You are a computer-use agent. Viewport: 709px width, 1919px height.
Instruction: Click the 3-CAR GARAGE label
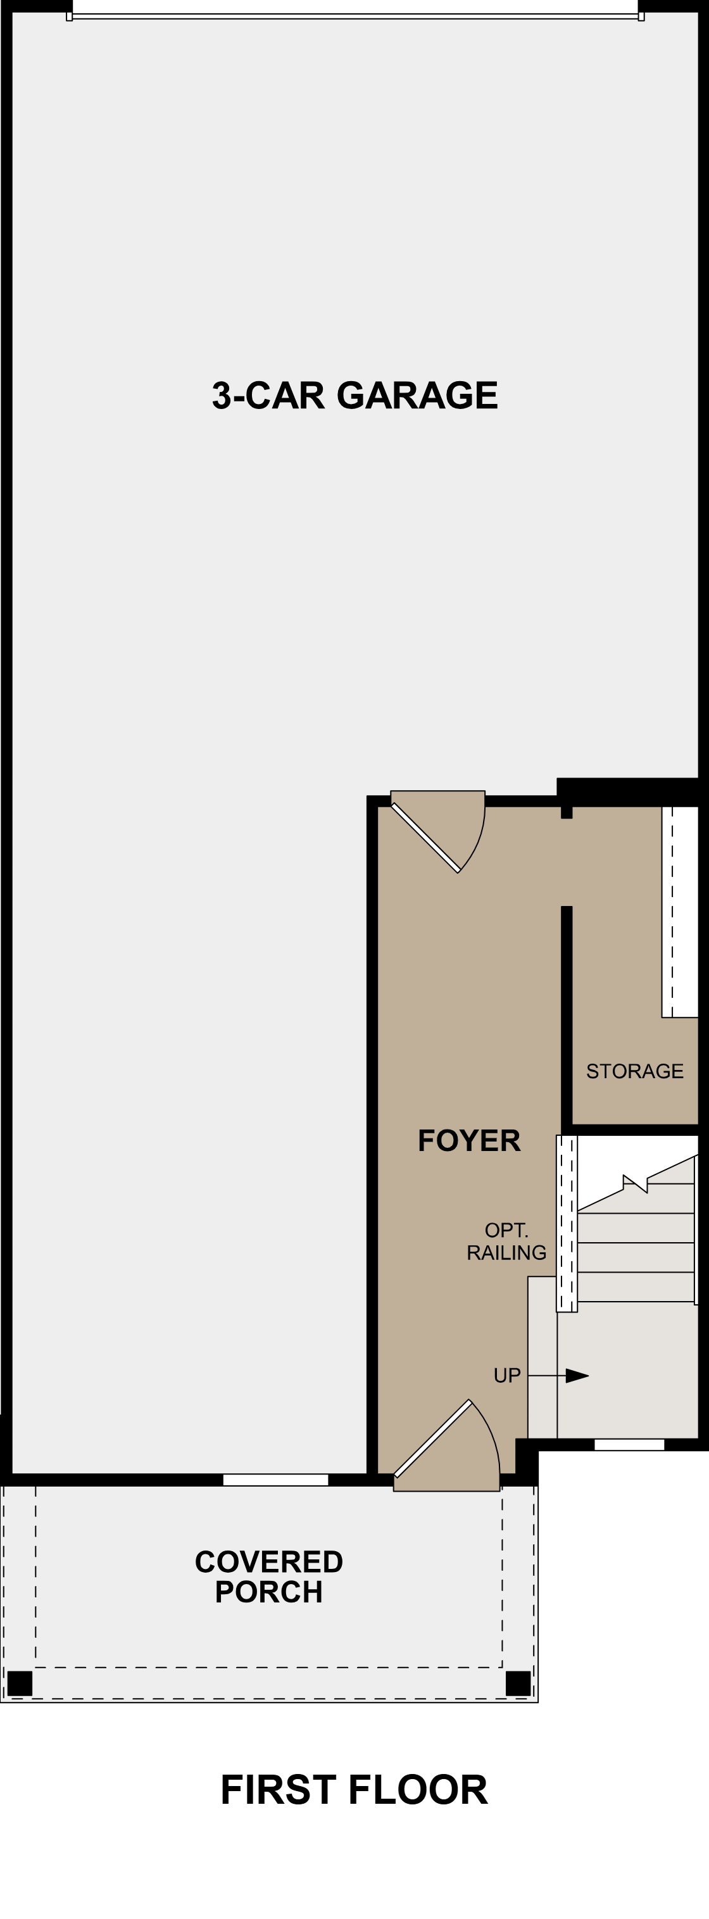point(354,396)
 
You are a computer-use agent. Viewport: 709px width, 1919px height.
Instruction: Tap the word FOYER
point(468,1140)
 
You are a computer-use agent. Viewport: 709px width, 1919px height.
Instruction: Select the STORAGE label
point(634,1071)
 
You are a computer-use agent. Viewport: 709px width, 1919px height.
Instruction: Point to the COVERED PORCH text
point(269,1576)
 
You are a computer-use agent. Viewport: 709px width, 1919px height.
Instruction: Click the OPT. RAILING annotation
point(506,1241)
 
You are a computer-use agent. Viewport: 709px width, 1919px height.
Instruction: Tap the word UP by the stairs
point(507,1375)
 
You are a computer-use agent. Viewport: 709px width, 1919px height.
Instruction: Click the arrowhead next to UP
point(577,1375)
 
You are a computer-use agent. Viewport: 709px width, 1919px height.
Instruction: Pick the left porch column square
point(20,1683)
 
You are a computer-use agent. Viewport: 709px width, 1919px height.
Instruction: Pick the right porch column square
point(518,1683)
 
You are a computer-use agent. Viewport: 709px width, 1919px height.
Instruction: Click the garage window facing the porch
point(275,1480)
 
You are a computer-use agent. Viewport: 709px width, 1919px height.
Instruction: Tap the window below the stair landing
point(629,1444)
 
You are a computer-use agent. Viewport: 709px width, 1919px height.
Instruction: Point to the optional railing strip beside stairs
point(567,1224)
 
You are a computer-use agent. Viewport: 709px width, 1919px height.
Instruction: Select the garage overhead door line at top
point(354,16)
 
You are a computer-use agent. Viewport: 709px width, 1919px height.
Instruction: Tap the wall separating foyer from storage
point(567,1017)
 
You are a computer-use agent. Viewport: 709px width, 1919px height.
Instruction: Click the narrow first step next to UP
point(542,1357)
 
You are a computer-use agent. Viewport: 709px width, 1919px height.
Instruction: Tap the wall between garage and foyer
point(372,1132)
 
